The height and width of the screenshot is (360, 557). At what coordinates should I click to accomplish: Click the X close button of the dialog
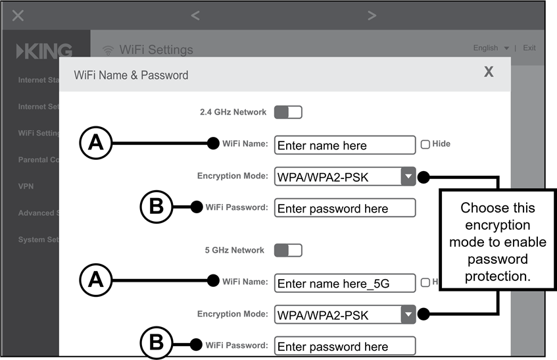489,72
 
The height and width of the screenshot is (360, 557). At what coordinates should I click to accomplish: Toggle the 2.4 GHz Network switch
287,112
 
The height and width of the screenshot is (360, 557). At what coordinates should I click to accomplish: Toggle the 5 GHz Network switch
287,250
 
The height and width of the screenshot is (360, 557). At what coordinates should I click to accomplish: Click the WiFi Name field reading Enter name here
345,145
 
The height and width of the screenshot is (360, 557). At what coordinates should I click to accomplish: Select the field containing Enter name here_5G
345,284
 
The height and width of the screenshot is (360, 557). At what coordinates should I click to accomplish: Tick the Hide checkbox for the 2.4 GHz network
425,144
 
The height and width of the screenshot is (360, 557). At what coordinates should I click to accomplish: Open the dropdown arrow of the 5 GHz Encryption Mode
408,315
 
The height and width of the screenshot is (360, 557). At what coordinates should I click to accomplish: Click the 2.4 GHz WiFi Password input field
345,209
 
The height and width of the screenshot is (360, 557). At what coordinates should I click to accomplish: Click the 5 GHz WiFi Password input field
345,346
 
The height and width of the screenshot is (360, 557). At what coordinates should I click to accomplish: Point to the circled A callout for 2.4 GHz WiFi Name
97,143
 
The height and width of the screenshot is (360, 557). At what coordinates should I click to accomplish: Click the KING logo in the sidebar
44,51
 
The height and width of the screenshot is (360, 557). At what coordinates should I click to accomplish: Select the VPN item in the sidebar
26,186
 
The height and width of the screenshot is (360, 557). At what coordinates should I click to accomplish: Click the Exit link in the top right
529,48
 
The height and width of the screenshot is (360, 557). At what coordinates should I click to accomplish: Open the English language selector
491,48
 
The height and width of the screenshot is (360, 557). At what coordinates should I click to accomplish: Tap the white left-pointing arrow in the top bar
195,15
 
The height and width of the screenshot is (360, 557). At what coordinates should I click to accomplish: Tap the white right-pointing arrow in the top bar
372,15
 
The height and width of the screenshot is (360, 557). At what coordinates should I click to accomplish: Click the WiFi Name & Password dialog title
131,75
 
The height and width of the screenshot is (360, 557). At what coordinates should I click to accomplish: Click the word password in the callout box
497,259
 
